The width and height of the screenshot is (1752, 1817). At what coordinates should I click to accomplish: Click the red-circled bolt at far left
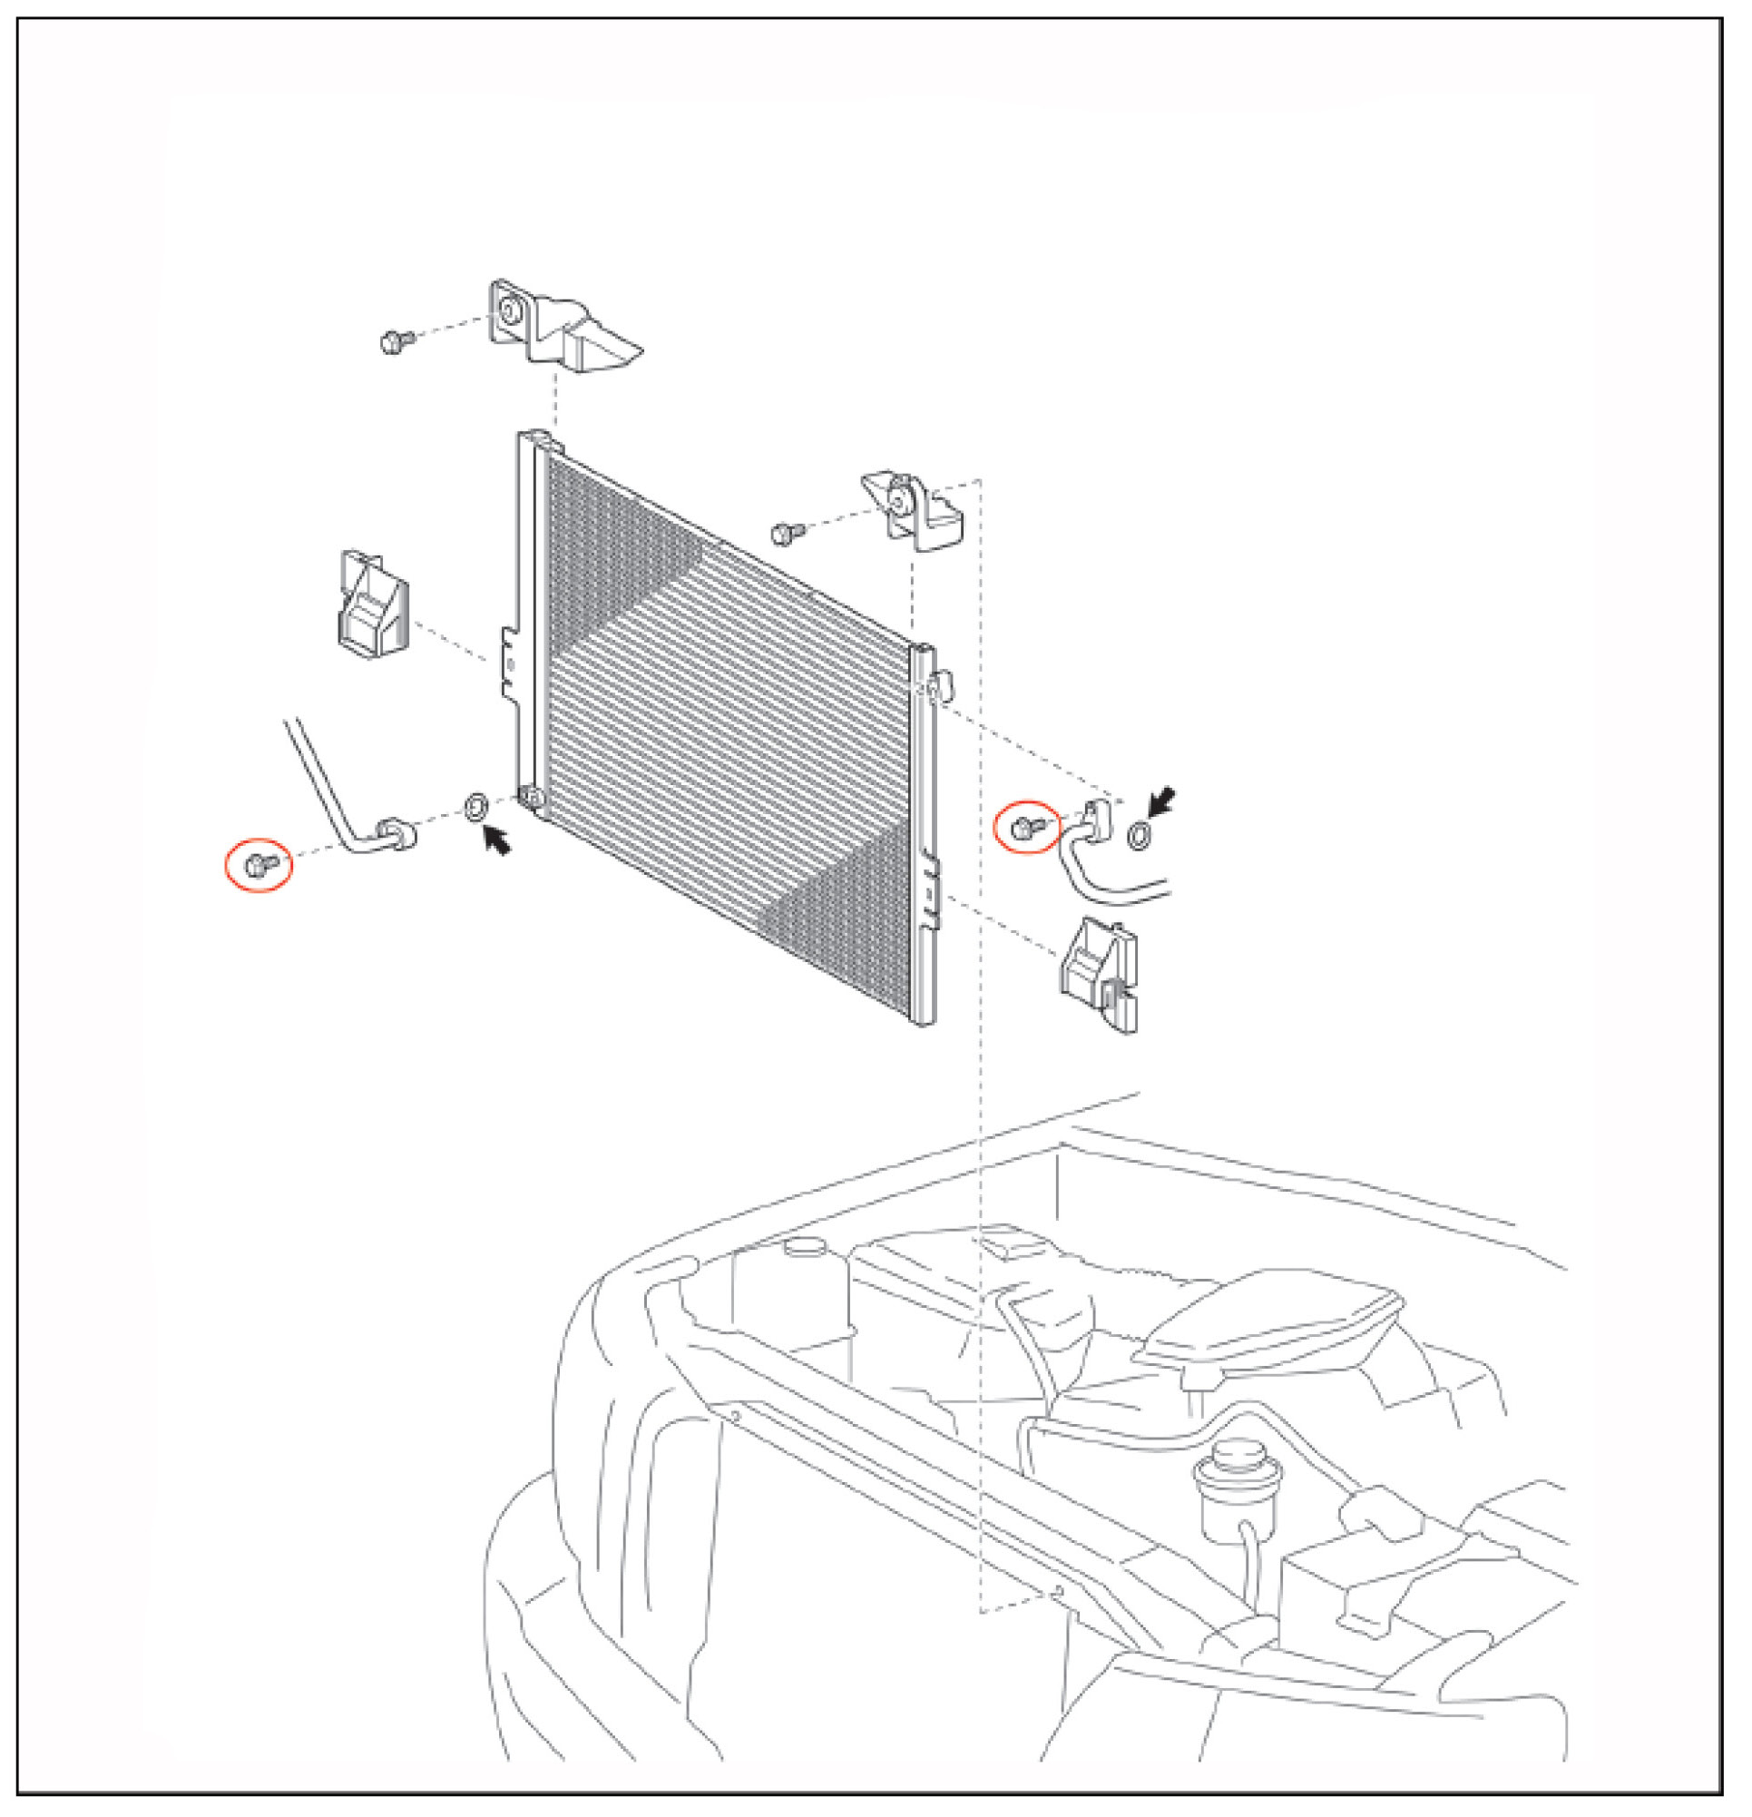click(x=259, y=865)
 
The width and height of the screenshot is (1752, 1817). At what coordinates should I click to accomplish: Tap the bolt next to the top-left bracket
click(x=396, y=342)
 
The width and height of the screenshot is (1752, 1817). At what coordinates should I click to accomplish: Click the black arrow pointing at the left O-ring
click(x=498, y=840)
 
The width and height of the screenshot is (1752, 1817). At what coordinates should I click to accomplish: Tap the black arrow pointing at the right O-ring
click(x=1162, y=801)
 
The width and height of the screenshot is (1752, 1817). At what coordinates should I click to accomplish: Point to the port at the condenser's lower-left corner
click(x=532, y=797)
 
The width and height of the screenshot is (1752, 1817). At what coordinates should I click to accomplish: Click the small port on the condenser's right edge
click(x=940, y=688)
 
